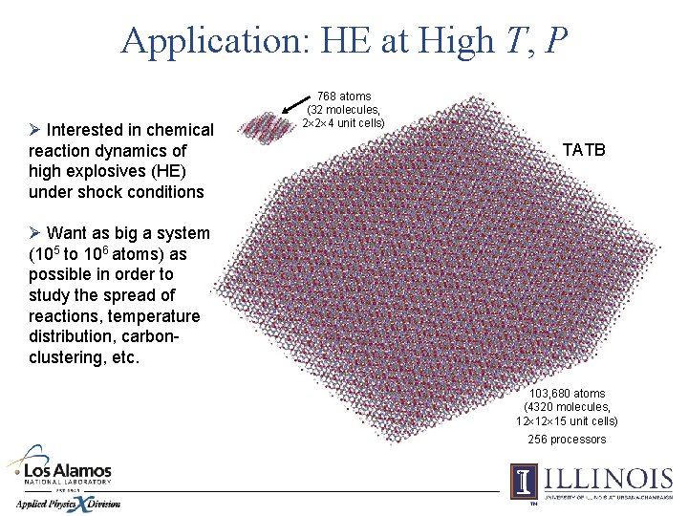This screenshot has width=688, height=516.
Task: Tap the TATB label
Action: pos(584,150)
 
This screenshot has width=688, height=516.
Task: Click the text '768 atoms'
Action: pos(344,97)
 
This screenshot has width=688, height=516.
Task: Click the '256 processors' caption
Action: pos(568,440)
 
